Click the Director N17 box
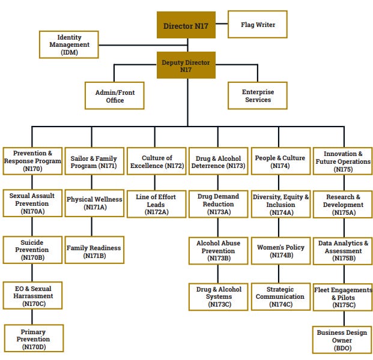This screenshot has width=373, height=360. [x=186, y=26]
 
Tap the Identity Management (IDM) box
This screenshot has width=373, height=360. [x=69, y=44]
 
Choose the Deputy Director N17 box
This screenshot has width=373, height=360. [x=186, y=65]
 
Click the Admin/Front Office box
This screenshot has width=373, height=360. [x=115, y=96]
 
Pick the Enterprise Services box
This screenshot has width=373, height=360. [x=258, y=96]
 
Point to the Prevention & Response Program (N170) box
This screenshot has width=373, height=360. [x=32, y=161]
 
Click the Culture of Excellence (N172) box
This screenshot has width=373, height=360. [x=156, y=161]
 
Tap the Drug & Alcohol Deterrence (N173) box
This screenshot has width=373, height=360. [x=218, y=161]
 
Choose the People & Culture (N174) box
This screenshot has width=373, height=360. [x=279, y=161]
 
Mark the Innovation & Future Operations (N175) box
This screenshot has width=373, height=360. [x=343, y=161]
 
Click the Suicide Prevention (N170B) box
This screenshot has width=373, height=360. [x=32, y=250]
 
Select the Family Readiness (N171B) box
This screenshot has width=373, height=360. [x=94, y=251]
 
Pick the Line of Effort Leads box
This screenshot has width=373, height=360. [x=156, y=204]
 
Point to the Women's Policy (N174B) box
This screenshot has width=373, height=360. [x=281, y=251]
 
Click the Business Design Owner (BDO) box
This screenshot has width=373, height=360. [x=343, y=340]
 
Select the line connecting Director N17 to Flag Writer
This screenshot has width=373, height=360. [x=222, y=26]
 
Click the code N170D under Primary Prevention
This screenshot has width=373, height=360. [x=33, y=347]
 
